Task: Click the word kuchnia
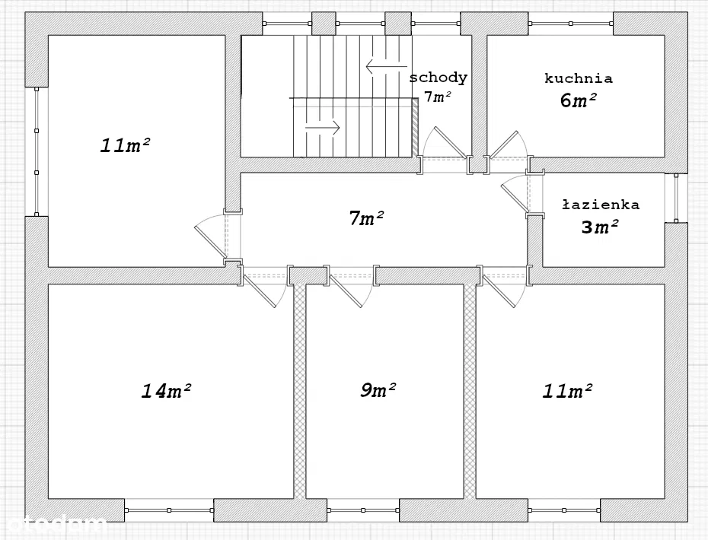point(579,78)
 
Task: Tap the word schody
point(438,78)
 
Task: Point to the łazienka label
point(601,205)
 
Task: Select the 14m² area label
point(166,390)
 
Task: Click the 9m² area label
point(378,389)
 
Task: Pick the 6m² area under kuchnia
point(579,100)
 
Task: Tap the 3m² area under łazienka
point(600,227)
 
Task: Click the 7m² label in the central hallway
point(366,218)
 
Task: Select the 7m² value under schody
point(438,96)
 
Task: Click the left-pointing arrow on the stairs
point(387,67)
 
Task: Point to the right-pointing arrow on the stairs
point(322,127)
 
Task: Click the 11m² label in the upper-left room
point(125,145)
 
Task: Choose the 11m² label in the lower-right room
point(568,390)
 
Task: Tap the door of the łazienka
point(515,195)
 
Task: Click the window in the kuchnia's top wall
point(571,24)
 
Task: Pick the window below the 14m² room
point(169,510)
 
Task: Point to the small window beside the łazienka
point(676,198)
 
